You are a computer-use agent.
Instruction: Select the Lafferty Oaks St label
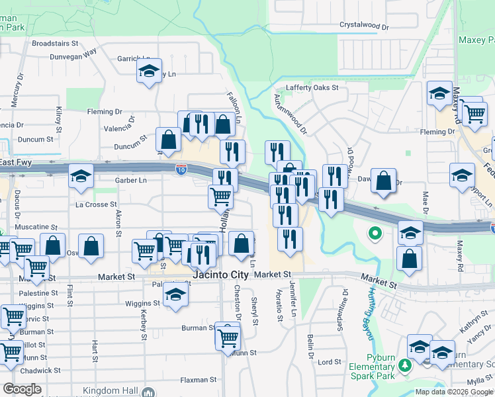(x=312, y=87)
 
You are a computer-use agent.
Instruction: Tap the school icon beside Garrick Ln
(x=150, y=70)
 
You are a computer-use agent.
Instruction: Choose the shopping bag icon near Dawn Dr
(x=383, y=181)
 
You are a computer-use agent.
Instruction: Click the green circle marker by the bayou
(x=375, y=232)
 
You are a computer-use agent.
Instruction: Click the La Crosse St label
(x=96, y=205)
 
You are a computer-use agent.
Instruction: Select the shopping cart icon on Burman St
(x=228, y=337)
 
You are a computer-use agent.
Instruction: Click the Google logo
(x=22, y=389)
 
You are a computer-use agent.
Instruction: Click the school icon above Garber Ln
(x=81, y=176)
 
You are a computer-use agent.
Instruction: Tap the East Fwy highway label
(x=15, y=162)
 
